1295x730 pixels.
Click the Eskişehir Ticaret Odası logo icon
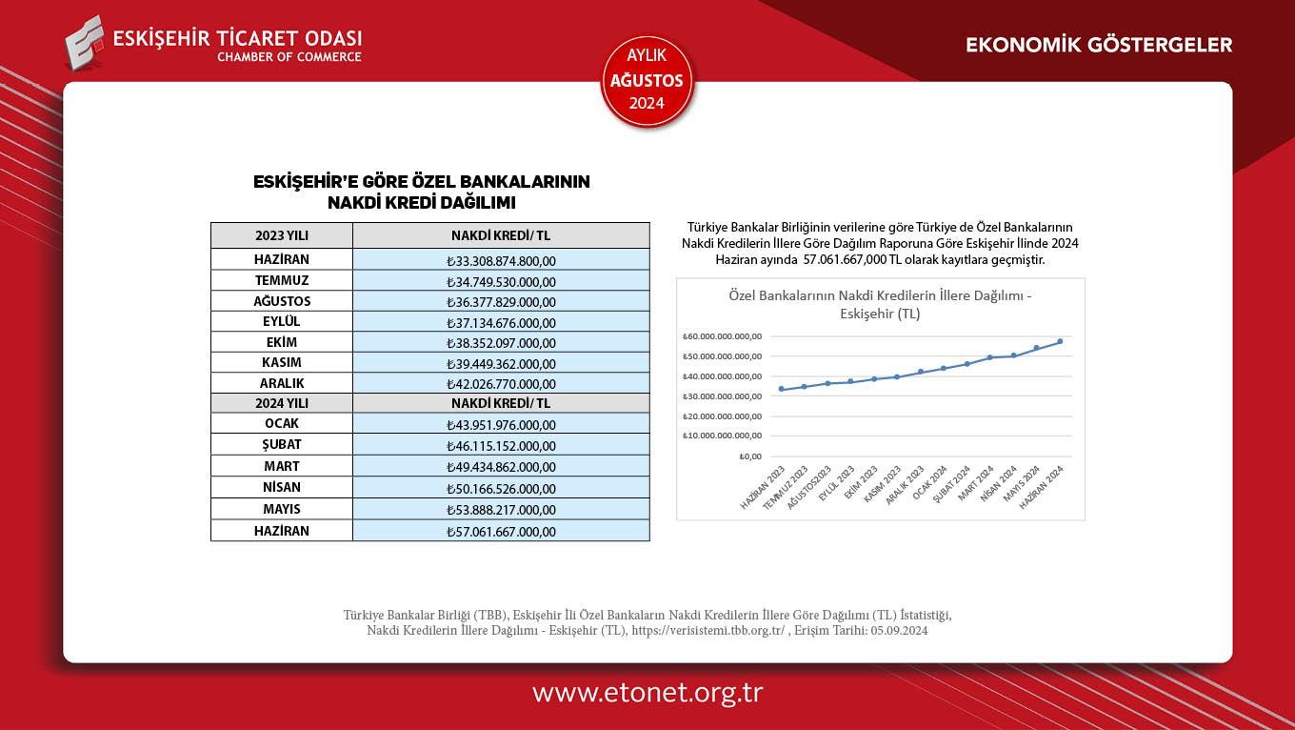84,42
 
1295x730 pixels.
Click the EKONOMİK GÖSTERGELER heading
1099,45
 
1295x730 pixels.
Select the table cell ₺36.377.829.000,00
501,302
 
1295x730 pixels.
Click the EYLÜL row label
282,322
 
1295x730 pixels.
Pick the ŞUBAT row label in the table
282,445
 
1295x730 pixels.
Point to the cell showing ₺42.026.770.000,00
501,384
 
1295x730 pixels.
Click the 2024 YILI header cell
282,403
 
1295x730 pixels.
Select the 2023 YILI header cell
282,235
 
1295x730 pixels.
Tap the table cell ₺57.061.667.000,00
501,532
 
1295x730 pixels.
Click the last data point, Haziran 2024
1060,341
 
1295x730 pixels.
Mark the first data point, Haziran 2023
781,389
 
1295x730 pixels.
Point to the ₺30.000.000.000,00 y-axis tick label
723,395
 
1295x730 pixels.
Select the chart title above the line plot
880,304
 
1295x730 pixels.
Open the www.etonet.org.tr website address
647,693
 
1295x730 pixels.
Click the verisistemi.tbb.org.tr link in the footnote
707,631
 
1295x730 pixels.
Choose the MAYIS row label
282,509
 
